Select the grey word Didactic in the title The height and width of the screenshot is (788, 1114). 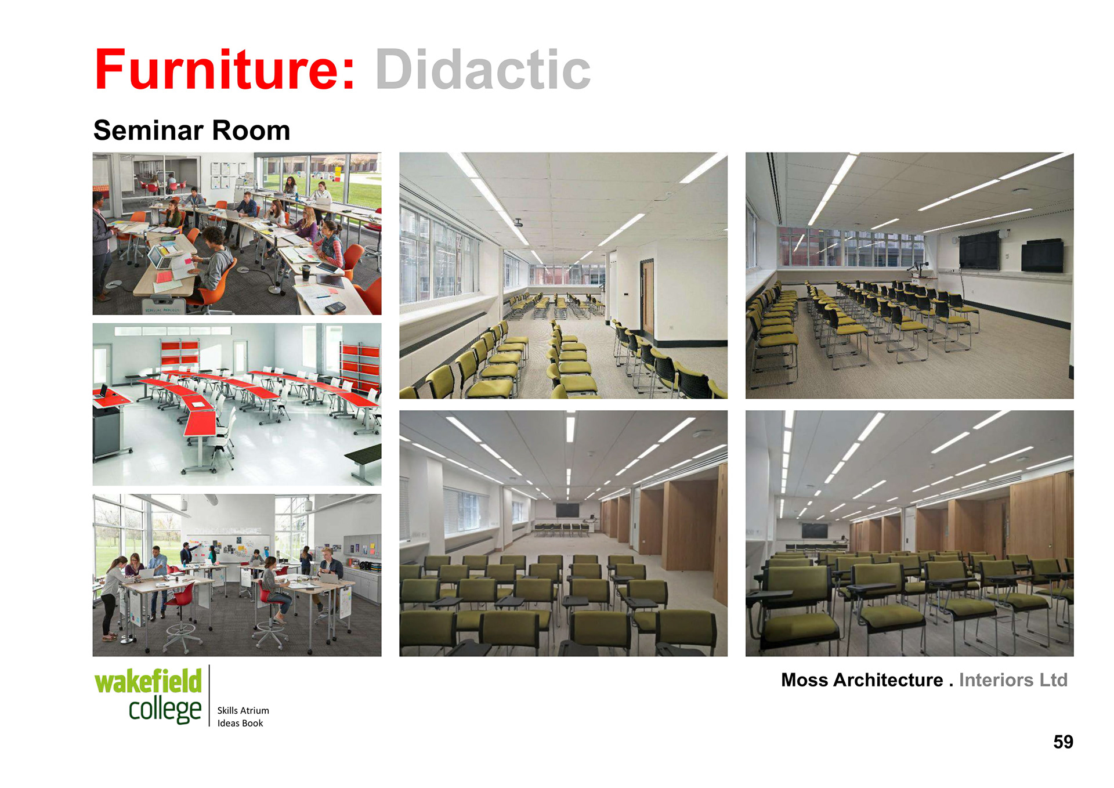point(483,70)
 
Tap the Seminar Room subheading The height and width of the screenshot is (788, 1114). point(191,130)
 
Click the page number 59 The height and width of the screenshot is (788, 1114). point(1063,742)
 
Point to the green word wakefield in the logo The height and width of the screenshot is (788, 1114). point(148,681)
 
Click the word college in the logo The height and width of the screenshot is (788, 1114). point(165,710)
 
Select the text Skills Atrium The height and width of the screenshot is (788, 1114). point(243,710)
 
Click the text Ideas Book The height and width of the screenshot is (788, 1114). point(240,723)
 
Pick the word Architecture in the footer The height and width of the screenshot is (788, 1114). point(888,679)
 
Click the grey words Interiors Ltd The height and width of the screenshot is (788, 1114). point(1013,679)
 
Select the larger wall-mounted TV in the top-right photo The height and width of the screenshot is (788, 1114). point(979,250)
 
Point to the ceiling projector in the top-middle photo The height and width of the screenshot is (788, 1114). point(518,222)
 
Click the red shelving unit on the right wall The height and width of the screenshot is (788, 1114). point(361,364)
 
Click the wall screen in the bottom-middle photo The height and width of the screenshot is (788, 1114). point(567,510)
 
